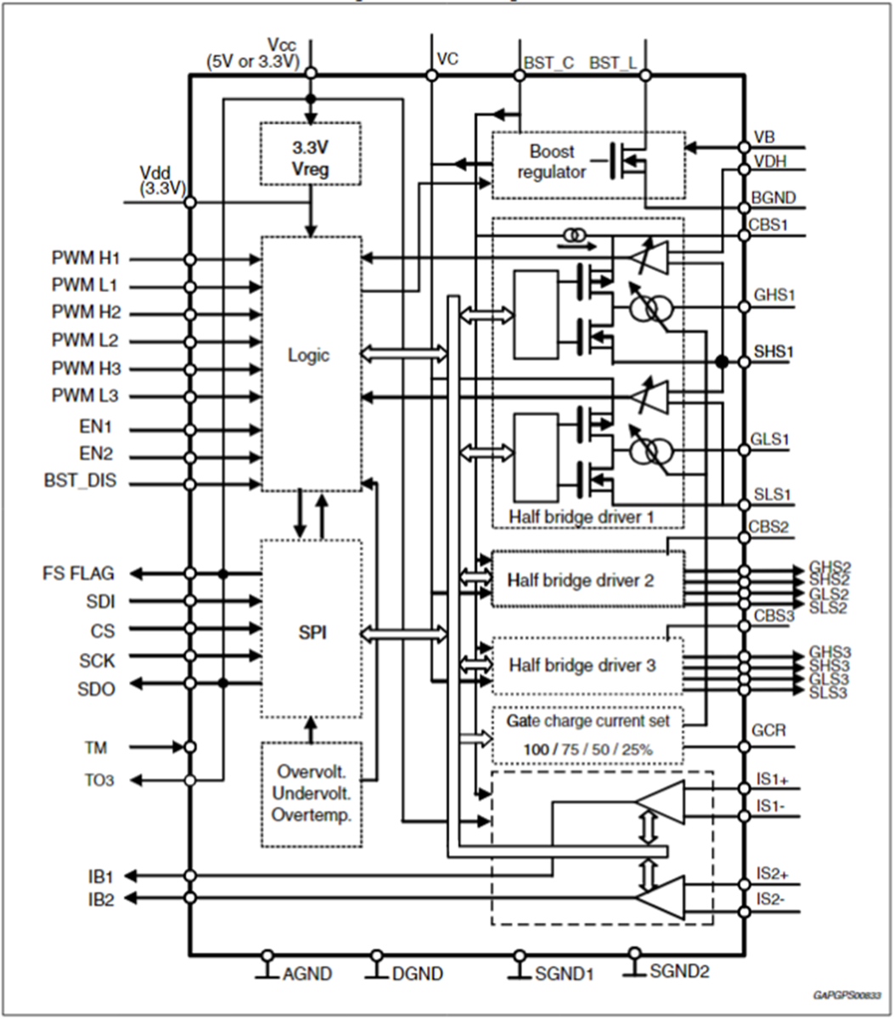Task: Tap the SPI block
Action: pos(310,633)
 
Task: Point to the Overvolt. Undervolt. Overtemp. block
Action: pos(310,794)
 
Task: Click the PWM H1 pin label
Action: pos(87,257)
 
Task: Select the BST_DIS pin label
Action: pos(81,481)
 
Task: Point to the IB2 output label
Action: pos(98,900)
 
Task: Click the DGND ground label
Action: pos(417,974)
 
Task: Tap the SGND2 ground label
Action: pos(679,971)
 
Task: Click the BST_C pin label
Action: pos(548,63)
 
